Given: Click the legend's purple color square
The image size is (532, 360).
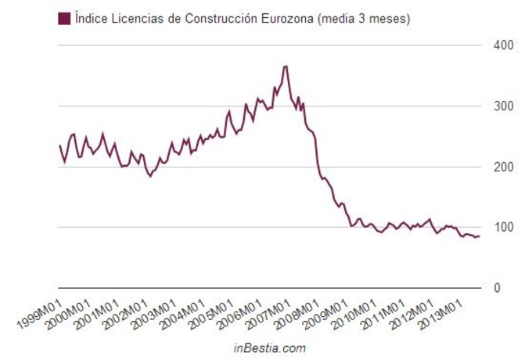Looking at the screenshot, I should coord(64,18).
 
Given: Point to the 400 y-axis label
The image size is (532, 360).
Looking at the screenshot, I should coord(503,45).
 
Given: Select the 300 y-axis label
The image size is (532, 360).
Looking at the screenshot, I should coord(503,106).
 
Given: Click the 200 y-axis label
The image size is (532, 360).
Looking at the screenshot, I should coord(503,167).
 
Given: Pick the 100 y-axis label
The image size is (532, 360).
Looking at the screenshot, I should coord(503,228).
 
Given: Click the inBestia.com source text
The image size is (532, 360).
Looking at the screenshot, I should coord(270,347).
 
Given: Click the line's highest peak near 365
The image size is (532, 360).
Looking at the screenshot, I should coord(286,67).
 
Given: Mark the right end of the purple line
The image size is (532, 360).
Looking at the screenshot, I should coord(480,236).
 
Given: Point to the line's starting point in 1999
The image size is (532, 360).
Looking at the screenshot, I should coord(59,146).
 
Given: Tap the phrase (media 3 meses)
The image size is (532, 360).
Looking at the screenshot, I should coord(364,18).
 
